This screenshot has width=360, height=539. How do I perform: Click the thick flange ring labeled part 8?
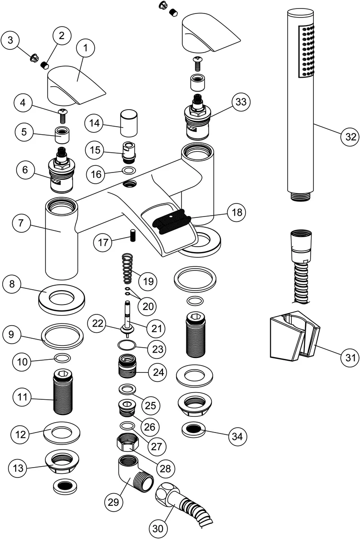(62, 300)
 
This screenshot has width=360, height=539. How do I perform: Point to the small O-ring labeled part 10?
(62, 358)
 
